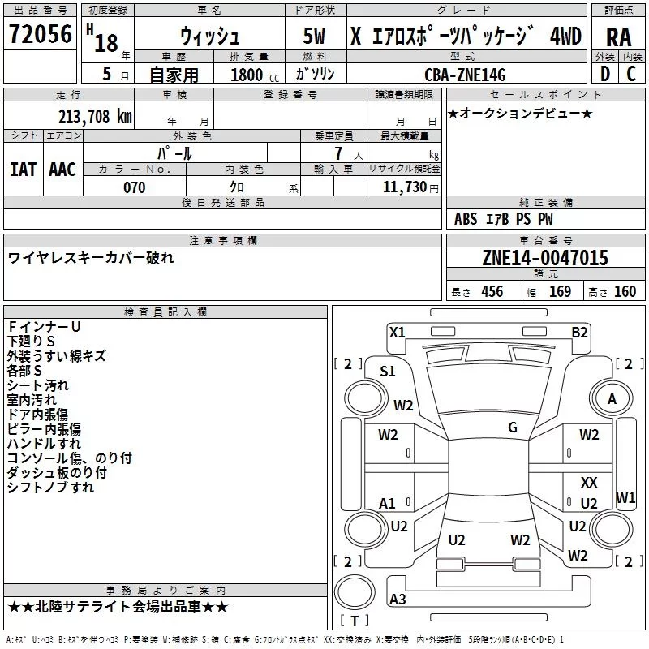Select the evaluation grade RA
618,37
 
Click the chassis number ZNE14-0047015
545,258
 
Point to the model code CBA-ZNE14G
465,75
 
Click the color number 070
134,187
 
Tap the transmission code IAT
23,170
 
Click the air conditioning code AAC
62,170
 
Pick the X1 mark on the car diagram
398,331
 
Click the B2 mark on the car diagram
579,331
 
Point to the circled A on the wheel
612,398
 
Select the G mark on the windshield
513,427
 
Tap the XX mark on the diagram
589,482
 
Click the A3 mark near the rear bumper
398,600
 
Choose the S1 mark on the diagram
388,371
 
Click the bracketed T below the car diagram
356,621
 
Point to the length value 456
492,291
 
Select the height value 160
625,291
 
